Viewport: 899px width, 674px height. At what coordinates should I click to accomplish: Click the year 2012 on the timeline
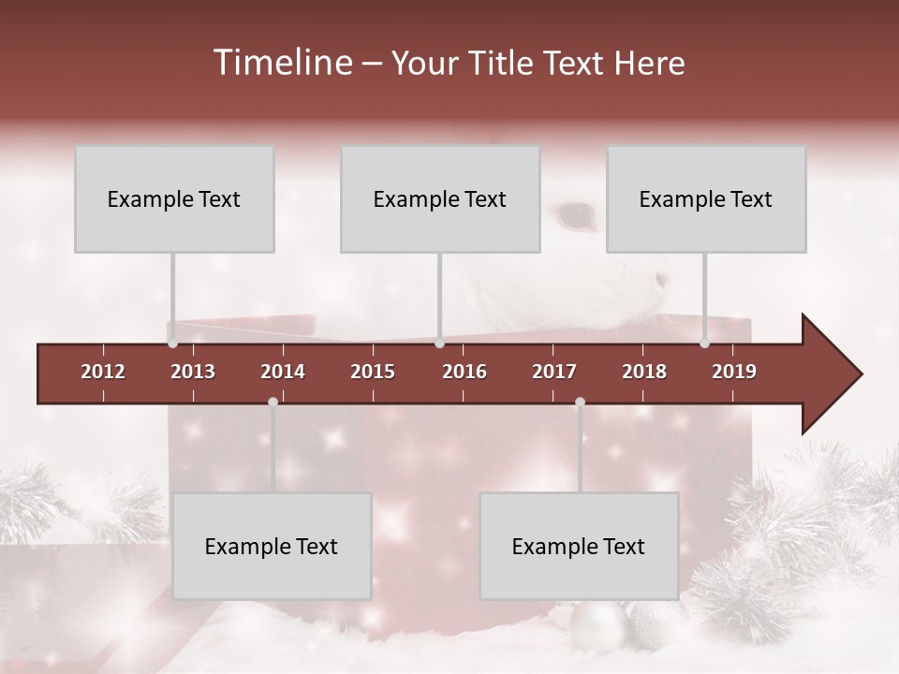[x=103, y=372]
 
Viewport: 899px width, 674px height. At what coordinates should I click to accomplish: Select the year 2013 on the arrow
[x=193, y=372]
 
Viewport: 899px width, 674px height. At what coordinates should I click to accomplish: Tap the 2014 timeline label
[x=283, y=372]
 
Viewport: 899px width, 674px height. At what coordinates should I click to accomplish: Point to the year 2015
[x=373, y=372]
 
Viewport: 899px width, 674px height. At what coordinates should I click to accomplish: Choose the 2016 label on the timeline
[x=464, y=372]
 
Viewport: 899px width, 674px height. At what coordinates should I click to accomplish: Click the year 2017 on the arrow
[x=554, y=372]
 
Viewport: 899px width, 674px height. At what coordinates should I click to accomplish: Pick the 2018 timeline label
[x=644, y=372]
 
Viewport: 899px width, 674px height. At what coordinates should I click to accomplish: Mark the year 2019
[x=734, y=372]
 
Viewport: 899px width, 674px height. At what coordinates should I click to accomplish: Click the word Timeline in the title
[x=281, y=63]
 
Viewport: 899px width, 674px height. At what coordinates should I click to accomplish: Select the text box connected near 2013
[x=174, y=198]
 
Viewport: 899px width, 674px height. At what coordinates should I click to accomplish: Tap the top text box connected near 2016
[x=440, y=198]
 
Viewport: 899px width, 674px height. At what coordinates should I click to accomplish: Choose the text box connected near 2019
[x=706, y=198]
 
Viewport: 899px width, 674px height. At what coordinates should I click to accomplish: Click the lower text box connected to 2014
[x=272, y=546]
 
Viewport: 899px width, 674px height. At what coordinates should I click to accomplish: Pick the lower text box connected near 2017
[x=579, y=546]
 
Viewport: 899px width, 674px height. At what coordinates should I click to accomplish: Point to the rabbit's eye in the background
[x=575, y=215]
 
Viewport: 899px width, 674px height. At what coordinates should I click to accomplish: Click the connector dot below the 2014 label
[x=273, y=402]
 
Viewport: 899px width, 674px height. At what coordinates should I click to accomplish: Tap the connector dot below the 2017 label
[x=580, y=402]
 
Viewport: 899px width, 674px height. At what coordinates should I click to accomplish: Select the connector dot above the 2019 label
[x=704, y=344]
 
